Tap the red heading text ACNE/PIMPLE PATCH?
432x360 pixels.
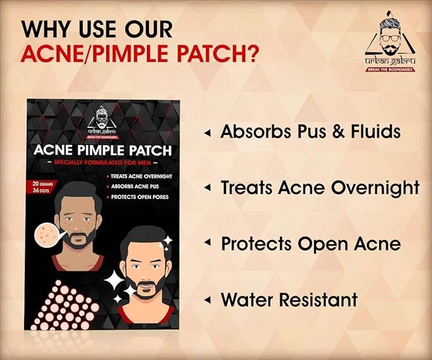(x=139, y=53)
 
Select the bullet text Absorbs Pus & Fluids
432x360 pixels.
(x=310, y=132)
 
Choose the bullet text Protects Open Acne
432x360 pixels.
(x=310, y=244)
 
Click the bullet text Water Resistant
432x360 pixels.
(x=289, y=300)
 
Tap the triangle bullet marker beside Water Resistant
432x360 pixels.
(x=207, y=300)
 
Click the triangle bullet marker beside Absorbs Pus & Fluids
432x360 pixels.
(x=207, y=133)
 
